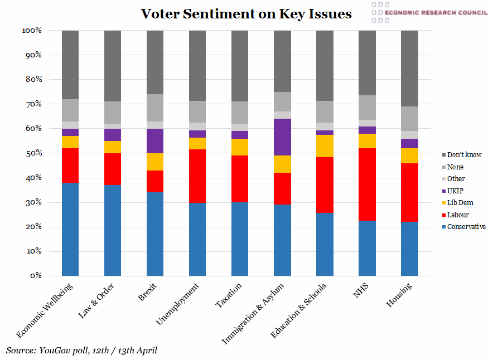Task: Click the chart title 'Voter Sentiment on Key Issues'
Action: [x=246, y=13]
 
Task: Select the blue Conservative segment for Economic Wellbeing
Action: [x=70, y=229]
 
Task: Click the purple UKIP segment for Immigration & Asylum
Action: [x=282, y=137]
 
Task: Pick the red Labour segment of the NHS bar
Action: [x=367, y=184]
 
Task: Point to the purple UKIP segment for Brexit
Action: [x=155, y=141]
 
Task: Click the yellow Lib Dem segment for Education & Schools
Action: [x=325, y=146]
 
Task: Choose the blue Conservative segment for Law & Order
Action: [x=113, y=230]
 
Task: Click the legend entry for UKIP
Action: [x=455, y=191]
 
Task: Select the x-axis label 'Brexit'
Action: [x=147, y=293]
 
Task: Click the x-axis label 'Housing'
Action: [x=400, y=295]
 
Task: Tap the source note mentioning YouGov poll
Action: [x=82, y=351]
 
